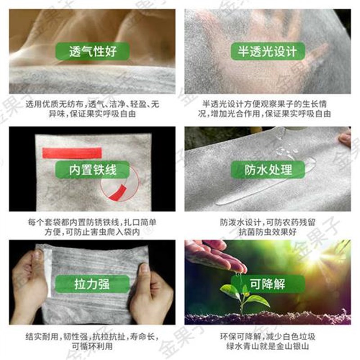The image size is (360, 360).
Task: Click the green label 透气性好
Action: [93, 51]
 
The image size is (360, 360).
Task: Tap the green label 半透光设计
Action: [267, 51]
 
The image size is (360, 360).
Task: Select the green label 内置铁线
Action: [93, 170]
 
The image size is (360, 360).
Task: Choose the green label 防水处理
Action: [267, 170]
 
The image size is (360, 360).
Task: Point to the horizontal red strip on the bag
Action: [72, 153]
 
